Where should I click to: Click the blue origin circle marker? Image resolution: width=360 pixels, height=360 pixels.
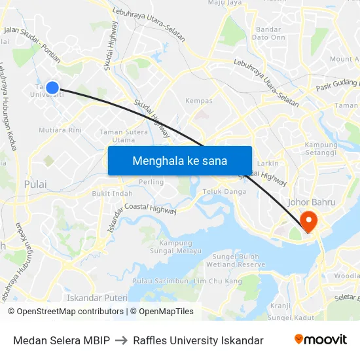point(52,87)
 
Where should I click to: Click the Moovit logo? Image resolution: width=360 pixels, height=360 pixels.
point(321,340)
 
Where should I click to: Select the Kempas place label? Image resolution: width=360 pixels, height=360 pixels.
point(199,101)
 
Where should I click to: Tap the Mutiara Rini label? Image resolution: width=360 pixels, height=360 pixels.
point(60,130)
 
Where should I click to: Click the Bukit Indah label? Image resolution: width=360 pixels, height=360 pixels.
point(112,194)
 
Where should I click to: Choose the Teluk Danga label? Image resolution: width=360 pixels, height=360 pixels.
point(225,191)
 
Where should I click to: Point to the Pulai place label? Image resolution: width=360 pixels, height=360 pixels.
point(35,184)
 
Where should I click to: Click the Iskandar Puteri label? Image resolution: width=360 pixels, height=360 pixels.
point(98,297)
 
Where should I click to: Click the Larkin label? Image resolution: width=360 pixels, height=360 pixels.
point(268,163)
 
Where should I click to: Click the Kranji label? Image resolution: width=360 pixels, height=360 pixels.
point(280,306)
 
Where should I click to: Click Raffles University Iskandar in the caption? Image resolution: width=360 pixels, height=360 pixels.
point(198,340)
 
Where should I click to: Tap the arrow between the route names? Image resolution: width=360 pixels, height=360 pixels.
point(121,340)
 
